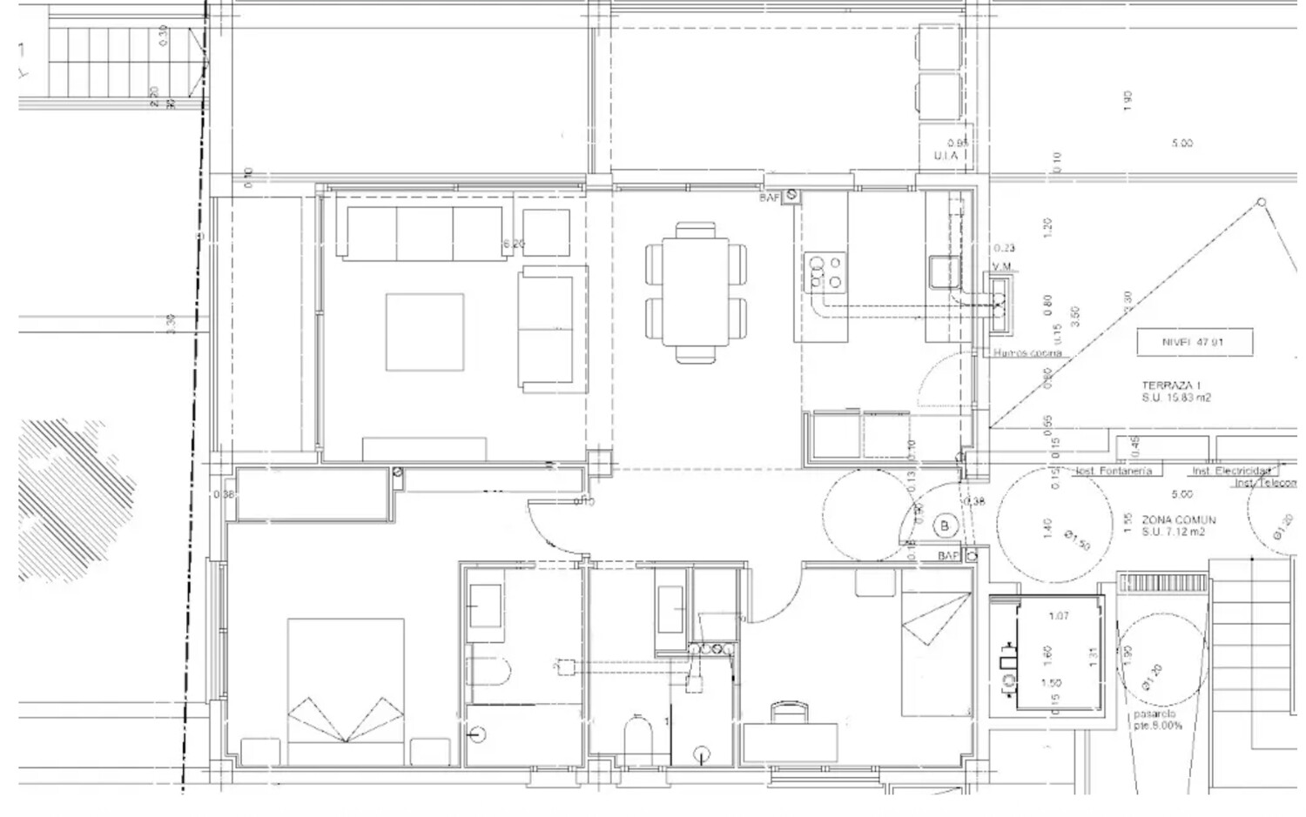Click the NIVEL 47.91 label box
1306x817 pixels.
pyautogui.click(x=1194, y=342)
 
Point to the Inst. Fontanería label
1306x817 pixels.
pyautogui.click(x=1115, y=471)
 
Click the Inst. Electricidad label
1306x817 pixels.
pyautogui.click(x=1230, y=471)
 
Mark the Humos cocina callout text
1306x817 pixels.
pyautogui.click(x=1027, y=353)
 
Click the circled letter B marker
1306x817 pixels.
pyautogui.click(x=945, y=526)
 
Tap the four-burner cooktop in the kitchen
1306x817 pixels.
pyautogui.click(x=824, y=271)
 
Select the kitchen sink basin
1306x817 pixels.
pyautogui.click(x=943, y=271)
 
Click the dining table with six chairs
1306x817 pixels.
pyautogui.click(x=696, y=292)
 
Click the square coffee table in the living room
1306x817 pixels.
pyautogui.click(x=425, y=332)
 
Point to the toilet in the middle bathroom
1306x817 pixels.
pyautogui.click(x=637, y=736)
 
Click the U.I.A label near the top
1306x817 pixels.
pyautogui.click(x=946, y=156)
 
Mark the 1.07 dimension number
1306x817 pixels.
pyautogui.click(x=1059, y=616)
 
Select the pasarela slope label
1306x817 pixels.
pyautogui.click(x=1156, y=720)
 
